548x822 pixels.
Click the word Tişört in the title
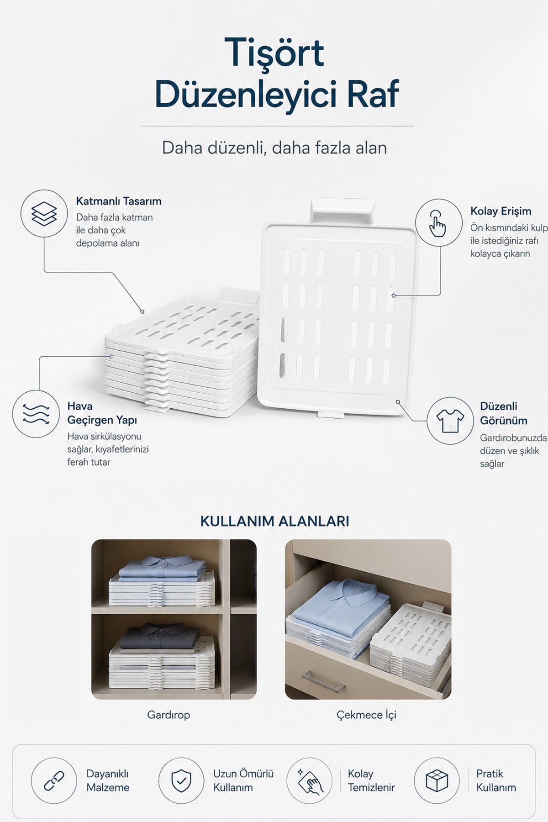coord(274,53)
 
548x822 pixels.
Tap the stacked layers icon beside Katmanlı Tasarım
coord(44,213)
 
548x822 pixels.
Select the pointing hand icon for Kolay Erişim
coord(438,223)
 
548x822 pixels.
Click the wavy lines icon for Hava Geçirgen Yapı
coord(36,414)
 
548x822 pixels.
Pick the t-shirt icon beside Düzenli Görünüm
coord(450,421)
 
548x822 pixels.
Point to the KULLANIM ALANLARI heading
coord(274,521)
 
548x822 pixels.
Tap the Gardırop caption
coord(169,715)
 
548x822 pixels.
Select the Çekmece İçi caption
coord(366,715)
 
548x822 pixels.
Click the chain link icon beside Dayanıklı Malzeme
coord(54,780)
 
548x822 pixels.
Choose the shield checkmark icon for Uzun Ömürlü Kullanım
coord(181,780)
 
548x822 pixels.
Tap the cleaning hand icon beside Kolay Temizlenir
coord(309,780)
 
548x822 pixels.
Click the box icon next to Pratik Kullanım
coord(437,780)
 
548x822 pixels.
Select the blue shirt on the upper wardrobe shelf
coord(161,568)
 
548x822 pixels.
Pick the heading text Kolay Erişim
coord(501,211)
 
